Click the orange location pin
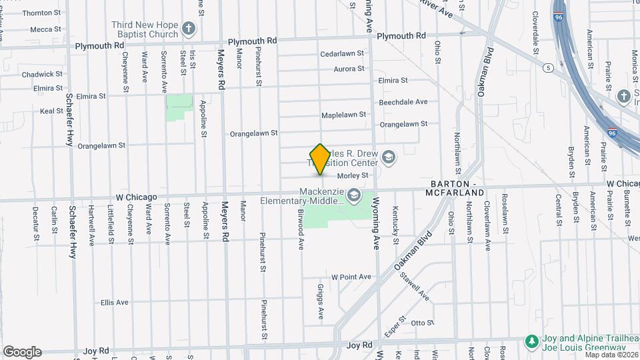click(x=320, y=159)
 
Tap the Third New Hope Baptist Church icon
click(x=189, y=29)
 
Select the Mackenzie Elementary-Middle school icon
click(x=353, y=195)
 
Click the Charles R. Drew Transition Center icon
click(x=388, y=157)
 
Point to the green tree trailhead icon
click(x=531, y=341)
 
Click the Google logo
click(x=22, y=352)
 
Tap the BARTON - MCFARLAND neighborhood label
click(x=457, y=187)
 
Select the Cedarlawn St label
click(x=342, y=53)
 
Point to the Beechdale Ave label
click(x=403, y=102)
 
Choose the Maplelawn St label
click(x=343, y=115)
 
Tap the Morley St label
click(x=353, y=175)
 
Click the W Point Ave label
click(x=351, y=277)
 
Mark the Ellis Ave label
click(x=114, y=302)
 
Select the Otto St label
click(x=423, y=323)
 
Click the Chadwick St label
click(x=37, y=75)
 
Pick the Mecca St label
click(x=46, y=29)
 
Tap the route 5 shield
click(x=547, y=68)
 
